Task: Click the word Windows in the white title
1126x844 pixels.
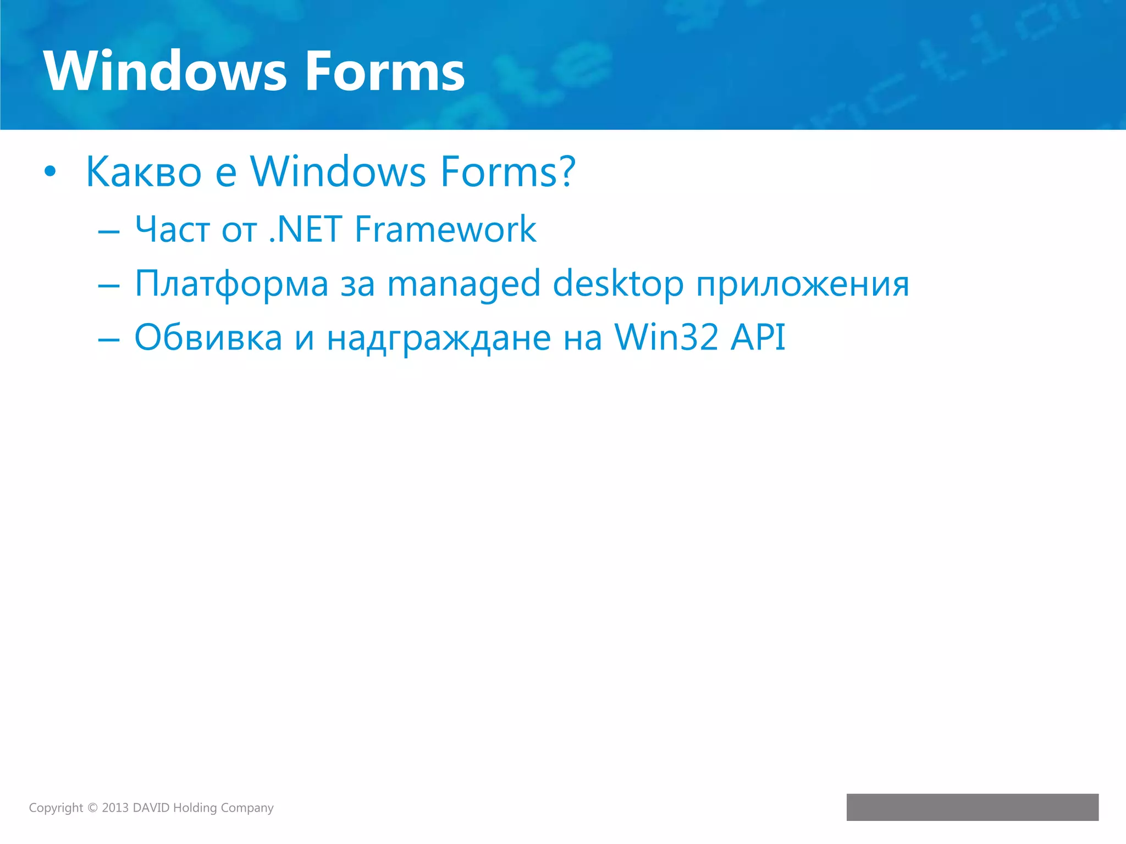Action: (x=165, y=71)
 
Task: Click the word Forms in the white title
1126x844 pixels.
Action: (x=385, y=71)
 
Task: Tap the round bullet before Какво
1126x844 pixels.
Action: (x=50, y=172)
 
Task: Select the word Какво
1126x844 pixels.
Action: (x=144, y=172)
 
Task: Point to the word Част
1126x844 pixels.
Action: (x=173, y=229)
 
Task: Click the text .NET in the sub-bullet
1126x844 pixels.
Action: (x=306, y=229)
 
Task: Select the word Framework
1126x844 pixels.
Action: (x=445, y=229)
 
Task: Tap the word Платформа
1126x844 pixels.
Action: (x=231, y=285)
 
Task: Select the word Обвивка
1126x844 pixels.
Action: (x=208, y=337)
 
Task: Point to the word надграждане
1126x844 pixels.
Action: (x=439, y=338)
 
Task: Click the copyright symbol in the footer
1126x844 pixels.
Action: (x=92, y=808)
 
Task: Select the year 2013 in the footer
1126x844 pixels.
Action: (x=115, y=808)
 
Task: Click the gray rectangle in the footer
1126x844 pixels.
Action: (x=972, y=807)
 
